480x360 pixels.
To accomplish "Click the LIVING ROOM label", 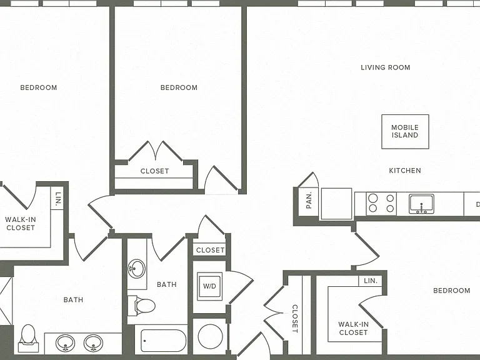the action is click(x=386, y=67).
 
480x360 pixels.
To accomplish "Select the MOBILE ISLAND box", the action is click(x=405, y=132).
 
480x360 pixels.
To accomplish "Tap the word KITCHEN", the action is click(x=405, y=171).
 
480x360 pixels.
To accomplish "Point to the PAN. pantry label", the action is click(x=309, y=200).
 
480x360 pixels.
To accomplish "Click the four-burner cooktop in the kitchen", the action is click(x=381, y=204).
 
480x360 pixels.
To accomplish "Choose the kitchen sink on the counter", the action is click(x=421, y=204).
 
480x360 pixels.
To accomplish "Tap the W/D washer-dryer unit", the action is click(x=210, y=286).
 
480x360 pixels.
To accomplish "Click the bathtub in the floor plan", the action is click(x=164, y=341).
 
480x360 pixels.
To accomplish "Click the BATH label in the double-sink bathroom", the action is click(x=73, y=300).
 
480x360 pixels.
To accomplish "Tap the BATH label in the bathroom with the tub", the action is click(x=166, y=285).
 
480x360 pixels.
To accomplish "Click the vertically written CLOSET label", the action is click(x=295, y=319).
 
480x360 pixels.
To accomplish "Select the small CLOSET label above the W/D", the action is click(x=210, y=250).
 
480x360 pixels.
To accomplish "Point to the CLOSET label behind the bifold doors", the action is click(x=154, y=171).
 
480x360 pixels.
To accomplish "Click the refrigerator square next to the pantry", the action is click(x=336, y=204).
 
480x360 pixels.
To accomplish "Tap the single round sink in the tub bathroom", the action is click(x=136, y=269).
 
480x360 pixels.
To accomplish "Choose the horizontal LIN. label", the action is click(x=371, y=281).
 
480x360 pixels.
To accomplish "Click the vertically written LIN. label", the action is click(x=58, y=199).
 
